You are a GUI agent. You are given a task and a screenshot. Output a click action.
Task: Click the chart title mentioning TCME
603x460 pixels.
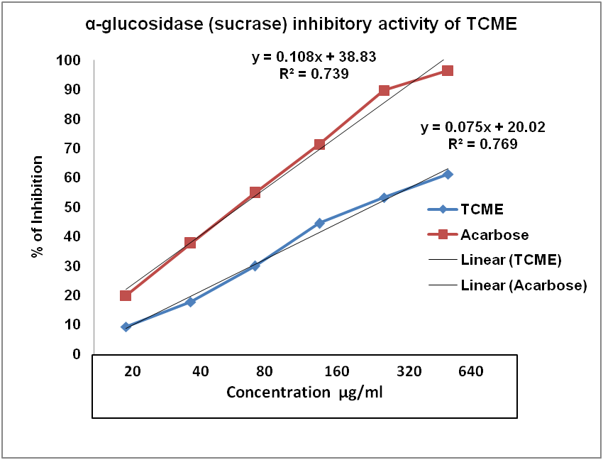pyautogui.click(x=301, y=24)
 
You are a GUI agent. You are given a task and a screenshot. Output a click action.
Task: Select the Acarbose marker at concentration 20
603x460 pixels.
pyautogui.click(x=126, y=295)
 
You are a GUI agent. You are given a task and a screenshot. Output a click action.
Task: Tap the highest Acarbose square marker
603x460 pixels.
pyautogui.click(x=448, y=70)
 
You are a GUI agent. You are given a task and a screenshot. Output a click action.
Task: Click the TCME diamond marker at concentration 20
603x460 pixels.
pyautogui.click(x=126, y=327)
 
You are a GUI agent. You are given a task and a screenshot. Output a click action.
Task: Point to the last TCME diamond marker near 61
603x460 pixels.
pyautogui.click(x=448, y=174)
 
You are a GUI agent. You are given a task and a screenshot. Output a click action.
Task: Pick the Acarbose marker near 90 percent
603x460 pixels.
pyautogui.click(x=384, y=90)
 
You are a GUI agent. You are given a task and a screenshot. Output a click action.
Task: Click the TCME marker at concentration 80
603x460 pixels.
pyautogui.click(x=255, y=265)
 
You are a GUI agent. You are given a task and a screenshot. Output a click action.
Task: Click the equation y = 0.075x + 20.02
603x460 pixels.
pyautogui.click(x=482, y=128)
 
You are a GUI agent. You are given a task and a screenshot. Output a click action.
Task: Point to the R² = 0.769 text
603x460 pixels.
pyautogui.click(x=482, y=143)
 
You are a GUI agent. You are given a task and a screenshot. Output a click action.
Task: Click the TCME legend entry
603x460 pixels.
pyautogui.click(x=482, y=209)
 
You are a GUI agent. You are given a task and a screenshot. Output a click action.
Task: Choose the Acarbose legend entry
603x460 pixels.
pyautogui.click(x=494, y=234)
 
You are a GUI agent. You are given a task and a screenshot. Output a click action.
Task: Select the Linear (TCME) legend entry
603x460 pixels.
pyautogui.click(x=511, y=260)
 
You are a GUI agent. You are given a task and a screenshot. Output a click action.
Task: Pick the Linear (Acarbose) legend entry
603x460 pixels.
pyautogui.click(x=524, y=285)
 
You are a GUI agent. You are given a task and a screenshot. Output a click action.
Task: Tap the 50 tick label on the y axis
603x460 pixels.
pyautogui.click(x=72, y=207)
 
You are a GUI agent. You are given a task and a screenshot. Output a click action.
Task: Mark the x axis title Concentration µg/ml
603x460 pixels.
pyautogui.click(x=305, y=393)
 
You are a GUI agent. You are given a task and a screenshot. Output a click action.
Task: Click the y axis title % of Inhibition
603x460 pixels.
pyautogui.click(x=38, y=207)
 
